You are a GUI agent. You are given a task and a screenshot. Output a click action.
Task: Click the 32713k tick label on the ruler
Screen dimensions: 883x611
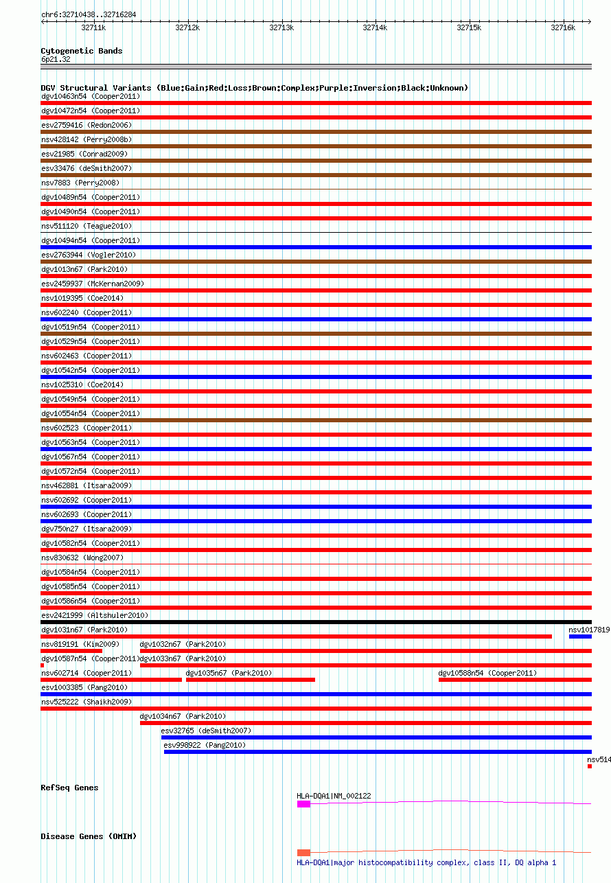[x=281, y=27]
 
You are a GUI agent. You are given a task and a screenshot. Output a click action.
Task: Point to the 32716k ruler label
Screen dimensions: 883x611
[x=563, y=27]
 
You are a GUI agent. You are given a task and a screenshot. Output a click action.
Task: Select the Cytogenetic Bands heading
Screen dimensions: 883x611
[x=81, y=51]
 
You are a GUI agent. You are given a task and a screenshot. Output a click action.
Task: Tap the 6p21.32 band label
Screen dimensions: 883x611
[x=56, y=59]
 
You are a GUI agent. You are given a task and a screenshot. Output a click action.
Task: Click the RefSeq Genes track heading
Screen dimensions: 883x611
[x=69, y=788]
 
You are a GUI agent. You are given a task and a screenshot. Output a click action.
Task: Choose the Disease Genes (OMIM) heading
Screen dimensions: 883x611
[x=89, y=836]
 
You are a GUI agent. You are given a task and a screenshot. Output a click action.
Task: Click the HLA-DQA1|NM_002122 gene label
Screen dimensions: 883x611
[x=334, y=796]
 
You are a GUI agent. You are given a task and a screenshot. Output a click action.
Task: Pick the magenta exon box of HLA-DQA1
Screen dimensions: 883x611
[x=303, y=803]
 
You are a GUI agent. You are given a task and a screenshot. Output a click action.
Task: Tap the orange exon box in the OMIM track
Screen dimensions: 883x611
[x=303, y=853]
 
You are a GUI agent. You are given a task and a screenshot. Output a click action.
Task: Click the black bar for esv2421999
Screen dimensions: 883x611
[x=316, y=622]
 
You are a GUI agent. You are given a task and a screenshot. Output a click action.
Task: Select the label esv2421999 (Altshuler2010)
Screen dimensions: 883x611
[x=95, y=615]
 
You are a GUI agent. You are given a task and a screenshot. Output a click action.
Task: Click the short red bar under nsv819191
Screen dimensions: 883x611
[x=71, y=651]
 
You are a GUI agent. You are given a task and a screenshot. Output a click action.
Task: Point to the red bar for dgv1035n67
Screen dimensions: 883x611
[x=251, y=680]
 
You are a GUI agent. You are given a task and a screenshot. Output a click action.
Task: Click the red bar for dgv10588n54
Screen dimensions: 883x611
[x=515, y=680]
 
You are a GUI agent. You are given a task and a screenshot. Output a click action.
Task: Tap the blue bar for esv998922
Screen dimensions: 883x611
[x=378, y=752]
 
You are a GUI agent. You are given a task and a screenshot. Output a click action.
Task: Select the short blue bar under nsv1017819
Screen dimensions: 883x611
[x=580, y=637]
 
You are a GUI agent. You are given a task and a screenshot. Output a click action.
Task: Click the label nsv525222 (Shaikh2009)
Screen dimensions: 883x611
[x=86, y=702]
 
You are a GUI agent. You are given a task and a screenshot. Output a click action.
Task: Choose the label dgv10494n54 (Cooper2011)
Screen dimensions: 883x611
[x=91, y=240]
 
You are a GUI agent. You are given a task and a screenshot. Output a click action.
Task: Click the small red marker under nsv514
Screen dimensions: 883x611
[x=589, y=766]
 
